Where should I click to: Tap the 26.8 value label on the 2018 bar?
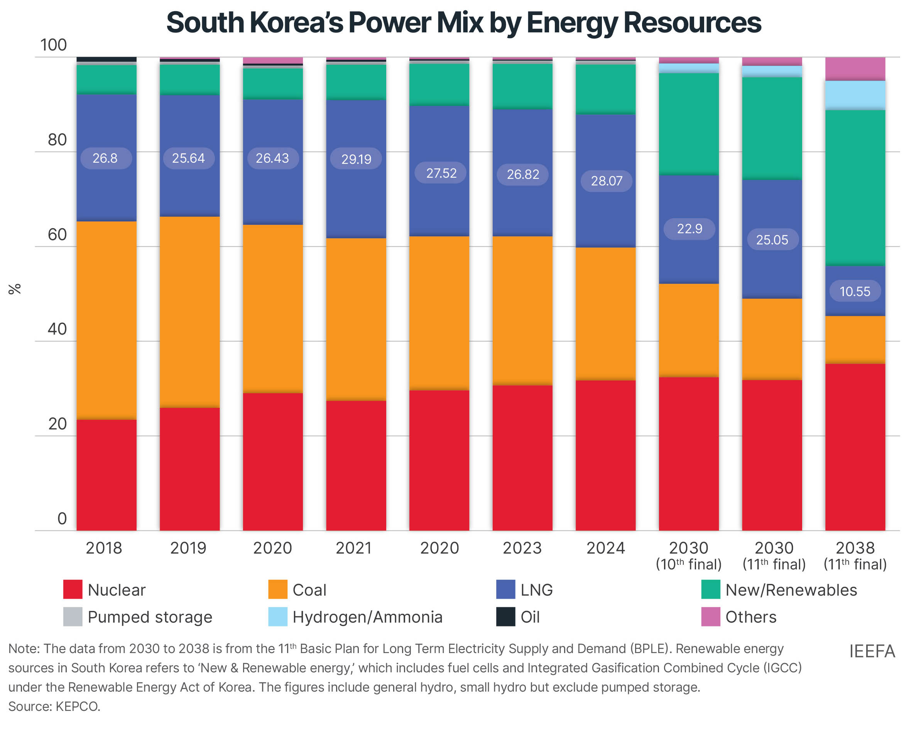click(x=105, y=158)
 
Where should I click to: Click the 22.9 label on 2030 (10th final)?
click(x=689, y=229)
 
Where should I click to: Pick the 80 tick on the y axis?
click(x=57, y=140)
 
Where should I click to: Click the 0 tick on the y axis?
click(x=62, y=519)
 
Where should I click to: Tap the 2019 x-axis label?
click(x=188, y=549)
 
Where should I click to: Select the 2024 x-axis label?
click(x=605, y=549)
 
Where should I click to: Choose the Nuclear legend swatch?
click(x=73, y=589)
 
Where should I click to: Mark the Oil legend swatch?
click(x=505, y=617)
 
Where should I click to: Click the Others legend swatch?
click(x=710, y=617)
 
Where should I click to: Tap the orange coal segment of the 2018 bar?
click(x=106, y=319)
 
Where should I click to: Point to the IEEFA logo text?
click(x=872, y=651)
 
